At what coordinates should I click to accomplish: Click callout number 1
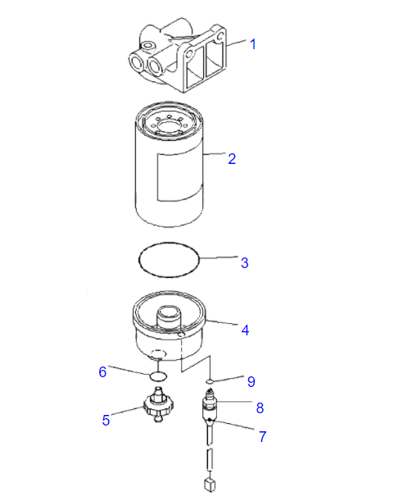coord(252,44)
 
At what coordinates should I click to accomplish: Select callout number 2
coord(232,158)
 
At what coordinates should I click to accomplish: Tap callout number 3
coord(244,262)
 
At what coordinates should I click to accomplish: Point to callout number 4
coord(244,330)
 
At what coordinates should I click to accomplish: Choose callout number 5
coord(106,420)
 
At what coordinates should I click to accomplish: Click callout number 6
coord(103,371)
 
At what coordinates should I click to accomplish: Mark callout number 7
coord(262,436)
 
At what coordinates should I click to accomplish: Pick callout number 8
coord(260,407)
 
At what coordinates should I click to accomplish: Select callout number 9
coord(251,381)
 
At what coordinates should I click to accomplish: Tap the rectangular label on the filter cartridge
coord(177,175)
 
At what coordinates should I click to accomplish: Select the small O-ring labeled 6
coord(158,376)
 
